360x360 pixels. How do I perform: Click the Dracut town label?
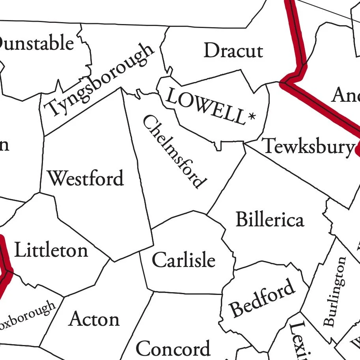(x=233, y=51)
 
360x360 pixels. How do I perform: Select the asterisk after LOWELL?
(x=251, y=117)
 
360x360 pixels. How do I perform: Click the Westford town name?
(x=86, y=178)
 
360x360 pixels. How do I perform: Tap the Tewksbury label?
(x=308, y=147)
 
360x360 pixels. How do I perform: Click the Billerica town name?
(x=270, y=220)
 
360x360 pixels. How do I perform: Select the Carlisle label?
(x=184, y=260)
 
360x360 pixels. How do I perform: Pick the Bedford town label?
(x=263, y=298)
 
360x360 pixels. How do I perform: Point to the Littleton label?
(x=51, y=250)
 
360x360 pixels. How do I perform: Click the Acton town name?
(x=94, y=319)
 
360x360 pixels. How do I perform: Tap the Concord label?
(x=173, y=349)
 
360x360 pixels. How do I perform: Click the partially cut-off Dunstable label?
(x=37, y=43)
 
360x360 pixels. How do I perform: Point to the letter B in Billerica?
(x=241, y=219)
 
